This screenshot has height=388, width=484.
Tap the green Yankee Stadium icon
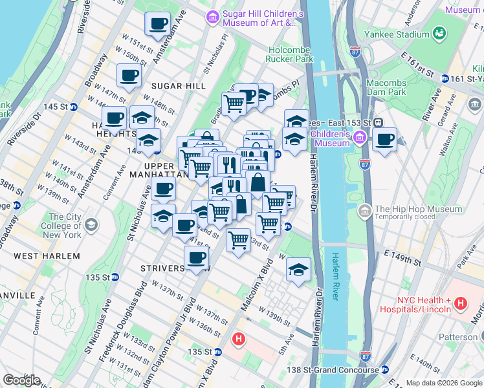(440, 32)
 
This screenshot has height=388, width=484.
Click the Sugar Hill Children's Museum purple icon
(212, 17)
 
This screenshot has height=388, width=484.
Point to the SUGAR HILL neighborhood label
(179, 86)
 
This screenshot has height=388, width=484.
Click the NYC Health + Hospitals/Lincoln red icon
(460, 303)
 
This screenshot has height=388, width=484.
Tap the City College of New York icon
(91, 224)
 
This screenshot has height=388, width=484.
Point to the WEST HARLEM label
(47, 256)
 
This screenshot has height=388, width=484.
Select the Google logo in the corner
(21, 380)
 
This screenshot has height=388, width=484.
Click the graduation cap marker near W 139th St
(298, 270)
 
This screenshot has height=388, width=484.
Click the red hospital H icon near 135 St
(238, 338)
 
